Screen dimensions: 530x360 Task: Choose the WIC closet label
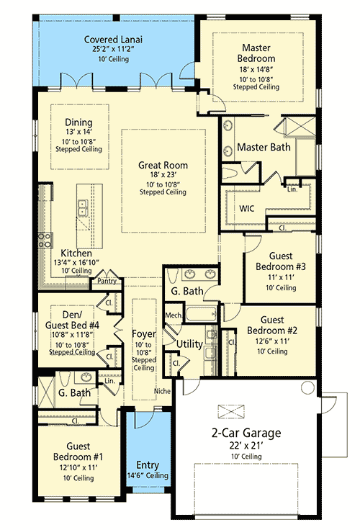tap(248, 207)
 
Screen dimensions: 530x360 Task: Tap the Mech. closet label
tap(173, 315)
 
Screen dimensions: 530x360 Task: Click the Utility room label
tap(189, 345)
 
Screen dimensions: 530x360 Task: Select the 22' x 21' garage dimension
tap(246, 446)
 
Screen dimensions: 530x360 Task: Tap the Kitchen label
tap(75, 253)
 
